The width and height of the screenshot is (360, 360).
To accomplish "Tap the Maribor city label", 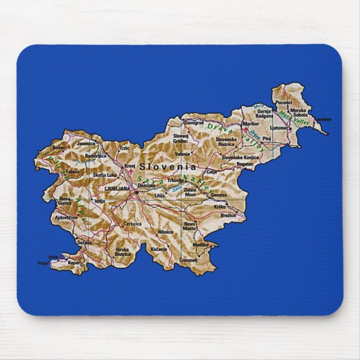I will [x=252, y=124].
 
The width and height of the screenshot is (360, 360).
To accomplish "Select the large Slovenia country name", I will [x=168, y=167].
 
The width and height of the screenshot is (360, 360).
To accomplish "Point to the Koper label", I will [x=73, y=262].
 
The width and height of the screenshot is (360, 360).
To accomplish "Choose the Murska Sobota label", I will [x=298, y=113].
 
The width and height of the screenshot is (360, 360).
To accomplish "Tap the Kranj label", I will [x=130, y=166].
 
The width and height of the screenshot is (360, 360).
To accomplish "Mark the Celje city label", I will [x=211, y=172].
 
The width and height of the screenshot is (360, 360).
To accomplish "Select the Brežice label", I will [x=229, y=215].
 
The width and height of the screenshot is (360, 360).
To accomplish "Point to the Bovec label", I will [x=59, y=148].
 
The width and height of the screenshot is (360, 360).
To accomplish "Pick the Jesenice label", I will [x=86, y=144].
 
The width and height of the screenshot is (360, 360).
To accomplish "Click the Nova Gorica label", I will [x=65, y=201].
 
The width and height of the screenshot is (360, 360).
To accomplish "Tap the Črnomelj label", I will [x=188, y=260].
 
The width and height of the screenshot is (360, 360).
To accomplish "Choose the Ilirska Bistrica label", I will [x=123, y=252].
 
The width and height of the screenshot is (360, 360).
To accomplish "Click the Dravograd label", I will [x=194, y=122].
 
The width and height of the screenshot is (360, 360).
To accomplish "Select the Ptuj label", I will [x=267, y=138].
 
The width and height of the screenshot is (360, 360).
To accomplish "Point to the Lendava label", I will [x=323, y=119].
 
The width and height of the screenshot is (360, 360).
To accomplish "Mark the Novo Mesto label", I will [x=190, y=226].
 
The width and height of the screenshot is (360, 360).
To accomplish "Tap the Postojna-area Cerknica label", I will [x=133, y=224].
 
